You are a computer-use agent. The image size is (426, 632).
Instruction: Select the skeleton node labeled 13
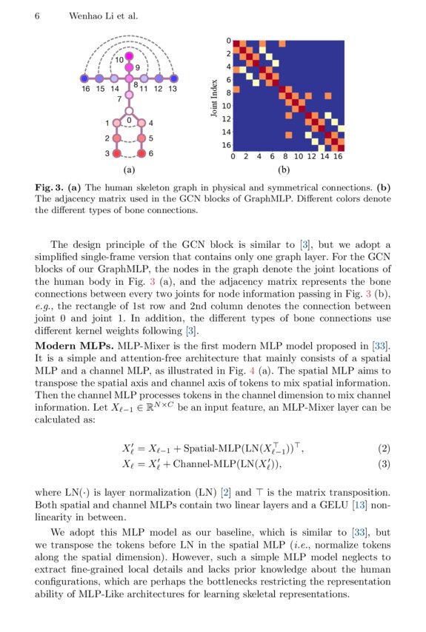(x=173, y=78)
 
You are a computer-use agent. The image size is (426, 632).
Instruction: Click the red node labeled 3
(x=116, y=153)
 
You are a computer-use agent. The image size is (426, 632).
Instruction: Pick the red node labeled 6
(x=142, y=153)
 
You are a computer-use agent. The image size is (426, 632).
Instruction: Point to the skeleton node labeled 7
(x=129, y=95)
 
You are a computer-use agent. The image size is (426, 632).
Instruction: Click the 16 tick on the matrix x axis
(x=338, y=157)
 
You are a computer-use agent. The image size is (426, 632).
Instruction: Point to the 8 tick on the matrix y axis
(x=229, y=93)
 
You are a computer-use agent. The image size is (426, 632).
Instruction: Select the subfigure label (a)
(x=130, y=169)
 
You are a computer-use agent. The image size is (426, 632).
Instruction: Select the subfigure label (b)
(x=283, y=169)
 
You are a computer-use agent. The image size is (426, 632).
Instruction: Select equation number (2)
(x=384, y=448)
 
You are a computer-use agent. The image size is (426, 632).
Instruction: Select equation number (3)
(x=384, y=464)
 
